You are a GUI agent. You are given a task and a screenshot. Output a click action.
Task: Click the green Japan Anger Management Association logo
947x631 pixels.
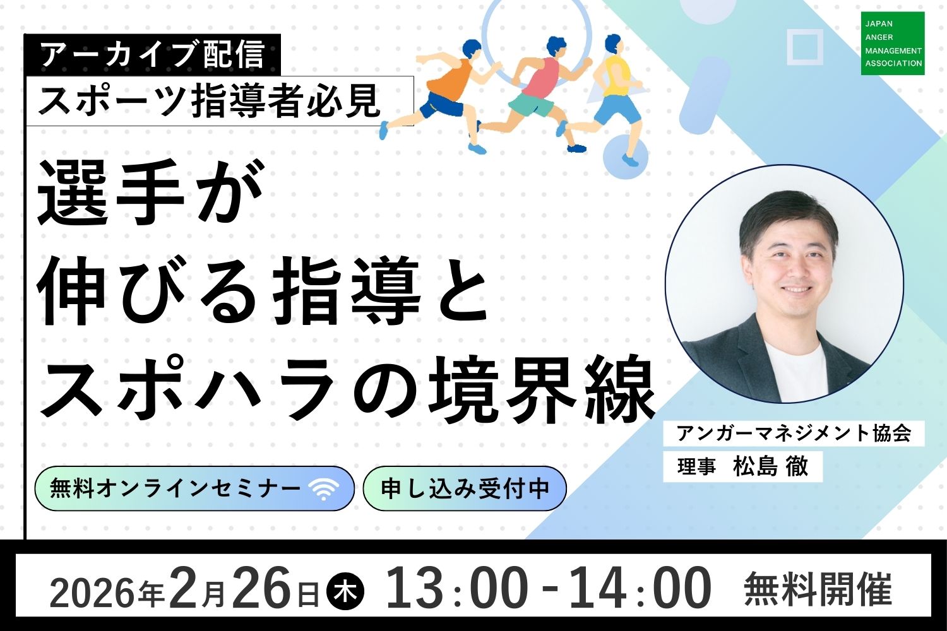(893, 43)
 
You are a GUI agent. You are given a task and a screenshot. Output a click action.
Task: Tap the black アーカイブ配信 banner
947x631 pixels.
(153, 54)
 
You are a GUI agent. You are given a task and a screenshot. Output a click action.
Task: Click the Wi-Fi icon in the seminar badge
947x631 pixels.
(324, 490)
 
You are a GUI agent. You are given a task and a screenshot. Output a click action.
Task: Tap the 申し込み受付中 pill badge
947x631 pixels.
(464, 488)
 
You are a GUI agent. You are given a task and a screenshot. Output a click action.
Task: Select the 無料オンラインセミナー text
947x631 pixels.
(175, 489)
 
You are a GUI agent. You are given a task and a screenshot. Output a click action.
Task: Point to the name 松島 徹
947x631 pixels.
(770, 467)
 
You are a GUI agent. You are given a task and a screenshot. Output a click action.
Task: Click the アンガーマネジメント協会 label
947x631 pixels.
(794, 433)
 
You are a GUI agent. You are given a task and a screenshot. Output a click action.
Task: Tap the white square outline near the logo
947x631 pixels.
(805, 47)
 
